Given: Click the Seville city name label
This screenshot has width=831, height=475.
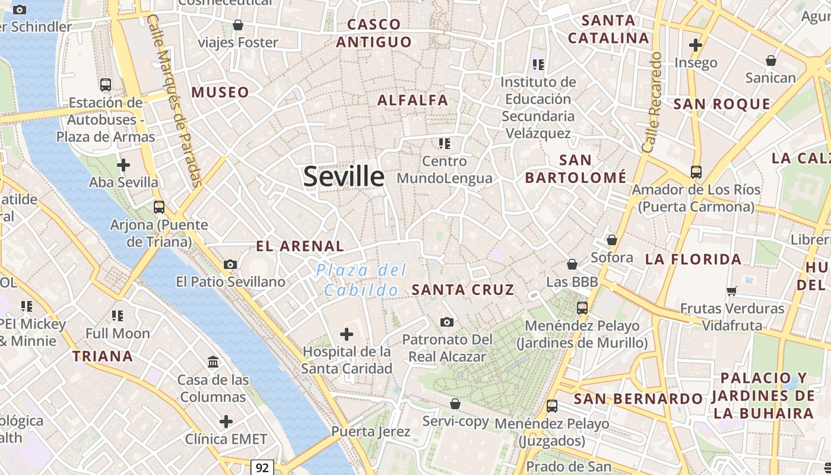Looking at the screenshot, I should point(344,176).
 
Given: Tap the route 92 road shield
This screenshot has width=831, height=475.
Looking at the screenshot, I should point(262,467).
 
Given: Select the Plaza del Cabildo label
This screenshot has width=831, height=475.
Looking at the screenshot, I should point(361,280).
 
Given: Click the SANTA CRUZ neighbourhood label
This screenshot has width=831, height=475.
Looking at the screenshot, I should point(463,290).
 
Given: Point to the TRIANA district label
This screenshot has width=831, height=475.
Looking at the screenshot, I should point(103,356).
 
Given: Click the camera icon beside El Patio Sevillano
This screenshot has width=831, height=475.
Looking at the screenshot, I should point(230,264).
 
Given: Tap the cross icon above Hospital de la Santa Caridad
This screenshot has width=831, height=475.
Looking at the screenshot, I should point(347,334).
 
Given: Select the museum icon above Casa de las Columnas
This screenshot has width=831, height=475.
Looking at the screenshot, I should point(212,362).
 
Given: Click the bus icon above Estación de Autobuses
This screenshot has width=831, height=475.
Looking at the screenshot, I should point(106,85).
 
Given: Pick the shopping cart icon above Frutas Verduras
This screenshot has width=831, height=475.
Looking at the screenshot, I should point(732,291).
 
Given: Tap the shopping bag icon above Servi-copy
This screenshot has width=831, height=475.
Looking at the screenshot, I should point(455,404).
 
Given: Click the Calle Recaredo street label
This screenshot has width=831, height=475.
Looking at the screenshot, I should point(652,102).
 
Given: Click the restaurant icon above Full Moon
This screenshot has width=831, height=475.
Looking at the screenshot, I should point(118,315).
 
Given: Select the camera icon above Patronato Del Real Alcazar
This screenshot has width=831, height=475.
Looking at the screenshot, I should point(447,322).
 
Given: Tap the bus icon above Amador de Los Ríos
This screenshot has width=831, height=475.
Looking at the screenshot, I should point(696,172).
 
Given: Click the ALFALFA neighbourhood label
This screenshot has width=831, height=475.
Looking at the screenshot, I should point(413,100).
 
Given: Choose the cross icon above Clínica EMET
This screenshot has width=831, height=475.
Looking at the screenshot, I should point(226,422).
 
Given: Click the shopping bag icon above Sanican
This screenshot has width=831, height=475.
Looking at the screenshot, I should point(770,61).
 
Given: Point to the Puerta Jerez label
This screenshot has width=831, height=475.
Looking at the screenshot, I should point(371,431).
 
